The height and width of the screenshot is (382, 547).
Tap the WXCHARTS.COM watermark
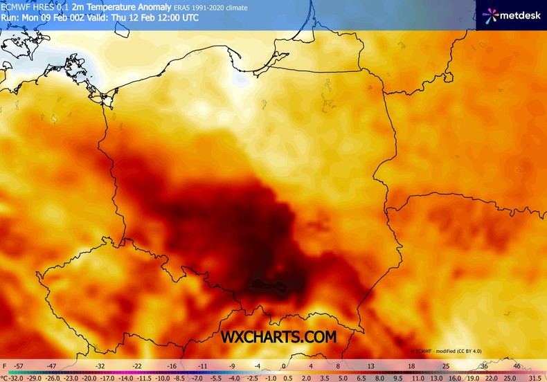pyautogui.click(x=278, y=337)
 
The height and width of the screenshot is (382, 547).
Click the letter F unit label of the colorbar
pyautogui.click(x=4, y=365)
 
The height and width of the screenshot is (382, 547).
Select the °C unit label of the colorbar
pyautogui.click(x=4, y=379)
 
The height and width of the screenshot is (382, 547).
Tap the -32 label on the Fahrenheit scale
pyautogui.click(x=100, y=365)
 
